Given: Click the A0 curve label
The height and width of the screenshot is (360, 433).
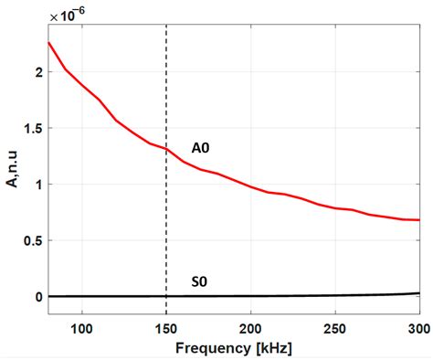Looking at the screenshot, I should pos(202,148).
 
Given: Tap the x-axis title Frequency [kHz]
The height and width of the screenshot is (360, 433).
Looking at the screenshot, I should pos(234,348).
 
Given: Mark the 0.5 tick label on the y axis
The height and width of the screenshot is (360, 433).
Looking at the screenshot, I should pos(33,240).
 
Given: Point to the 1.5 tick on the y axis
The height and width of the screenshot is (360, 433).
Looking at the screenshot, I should pos(33,128).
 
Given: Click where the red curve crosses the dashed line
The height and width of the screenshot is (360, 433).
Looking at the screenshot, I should pos(166,149).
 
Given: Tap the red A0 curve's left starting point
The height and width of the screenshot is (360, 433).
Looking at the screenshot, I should pos(48,42).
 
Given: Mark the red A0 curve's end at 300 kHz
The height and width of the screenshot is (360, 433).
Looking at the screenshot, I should pos(419,220).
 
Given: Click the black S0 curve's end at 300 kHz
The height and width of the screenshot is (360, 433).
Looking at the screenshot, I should pos(419,293).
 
